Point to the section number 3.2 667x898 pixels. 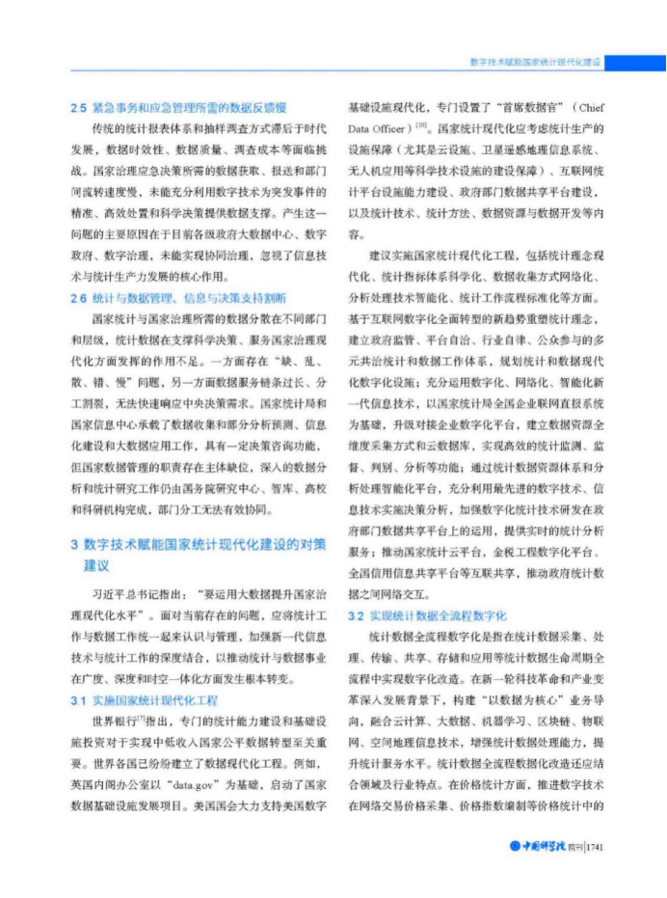coord(355,614)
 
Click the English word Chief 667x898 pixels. coord(588,108)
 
